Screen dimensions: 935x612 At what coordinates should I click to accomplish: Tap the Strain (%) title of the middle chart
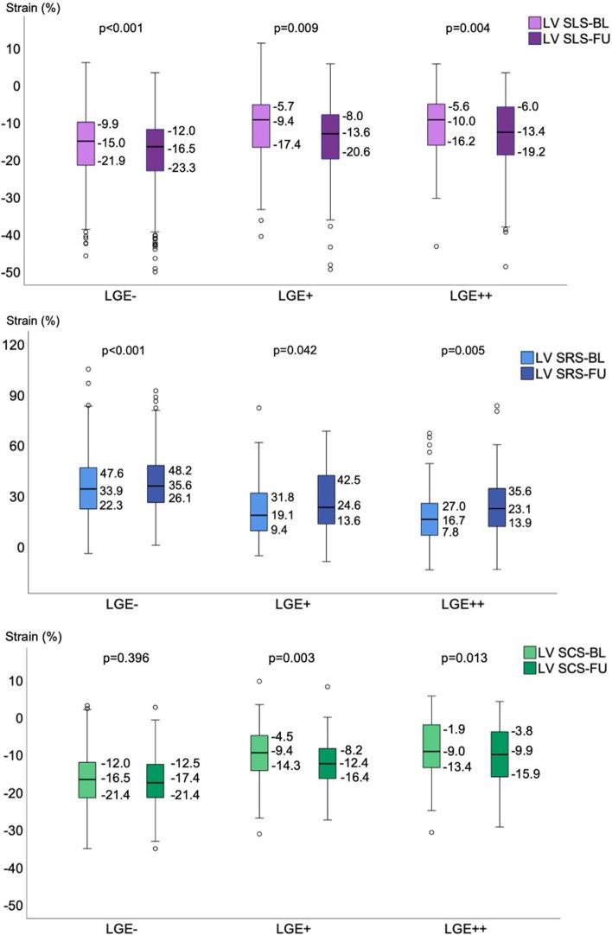click(x=33, y=321)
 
